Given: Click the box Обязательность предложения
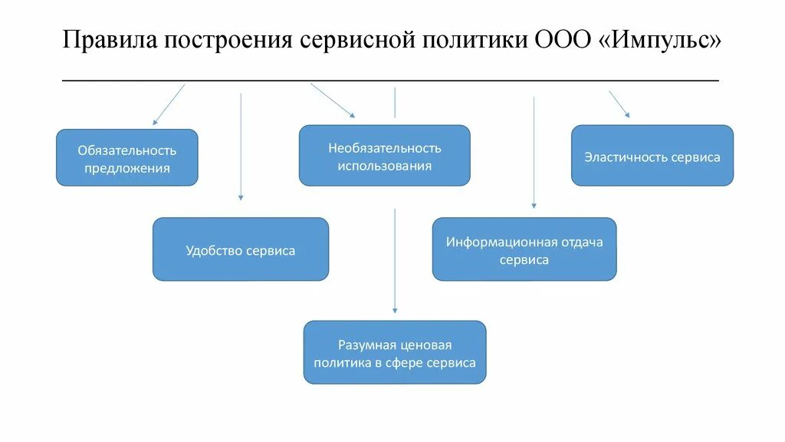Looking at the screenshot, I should (x=127, y=157).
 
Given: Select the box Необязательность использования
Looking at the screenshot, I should (x=385, y=156).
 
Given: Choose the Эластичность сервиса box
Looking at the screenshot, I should (x=652, y=156).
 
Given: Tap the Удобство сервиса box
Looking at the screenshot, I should (x=241, y=249).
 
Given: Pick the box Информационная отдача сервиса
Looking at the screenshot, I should (x=524, y=249).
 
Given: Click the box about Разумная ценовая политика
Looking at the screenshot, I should (x=395, y=352).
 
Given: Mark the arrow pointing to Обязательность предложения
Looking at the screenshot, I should (x=169, y=104).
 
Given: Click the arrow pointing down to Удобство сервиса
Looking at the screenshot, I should (x=241, y=146).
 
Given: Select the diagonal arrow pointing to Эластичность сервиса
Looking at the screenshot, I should (x=619, y=104).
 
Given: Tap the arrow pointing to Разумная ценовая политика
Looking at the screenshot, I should (x=395, y=261).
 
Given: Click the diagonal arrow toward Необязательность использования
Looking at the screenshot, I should (x=333, y=101).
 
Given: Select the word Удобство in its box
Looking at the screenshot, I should (x=214, y=251).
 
